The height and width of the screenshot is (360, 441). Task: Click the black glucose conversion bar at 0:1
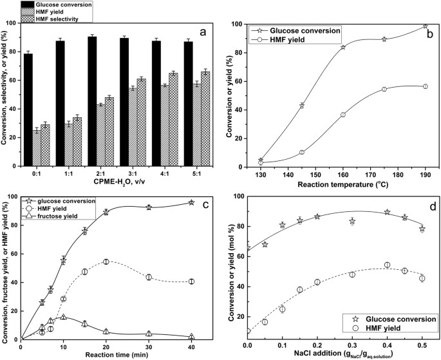coord(28,110)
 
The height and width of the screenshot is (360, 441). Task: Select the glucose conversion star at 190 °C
coord(425,26)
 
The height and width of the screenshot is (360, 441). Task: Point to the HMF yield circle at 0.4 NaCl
coord(387,265)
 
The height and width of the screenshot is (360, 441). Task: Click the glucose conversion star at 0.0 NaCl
coord(248,248)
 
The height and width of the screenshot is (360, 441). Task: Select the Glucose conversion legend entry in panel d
coord(390,318)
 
